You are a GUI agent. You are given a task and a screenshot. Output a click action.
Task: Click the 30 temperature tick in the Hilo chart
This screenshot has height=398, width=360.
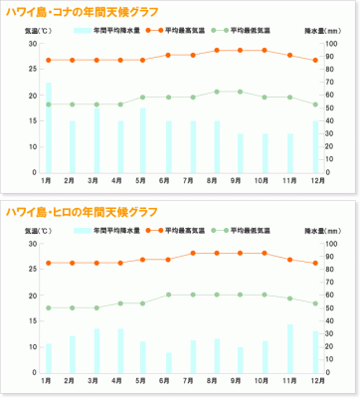tap(31, 244)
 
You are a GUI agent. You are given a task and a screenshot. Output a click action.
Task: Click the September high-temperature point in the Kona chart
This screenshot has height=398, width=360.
tap(241, 51)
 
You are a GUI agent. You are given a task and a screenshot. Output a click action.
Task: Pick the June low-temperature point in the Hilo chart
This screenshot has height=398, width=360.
tap(168, 296)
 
